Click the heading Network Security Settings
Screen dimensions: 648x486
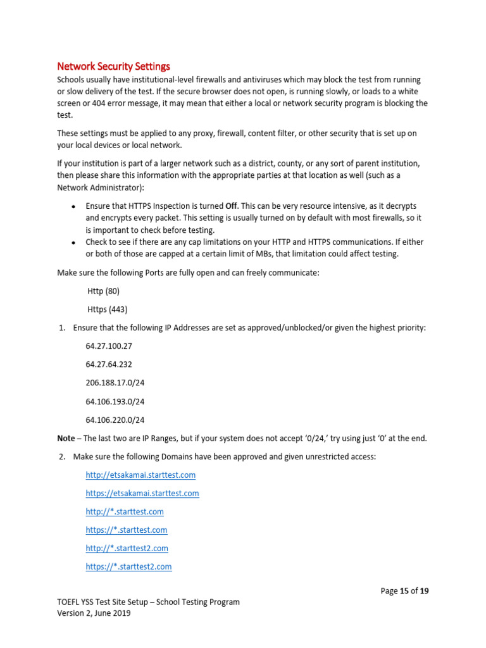(113, 66)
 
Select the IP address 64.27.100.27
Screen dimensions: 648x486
(109, 346)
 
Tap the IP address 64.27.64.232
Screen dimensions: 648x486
(109, 364)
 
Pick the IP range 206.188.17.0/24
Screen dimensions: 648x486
(115, 383)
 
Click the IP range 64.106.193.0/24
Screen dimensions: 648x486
(115, 401)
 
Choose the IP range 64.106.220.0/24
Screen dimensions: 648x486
(115, 420)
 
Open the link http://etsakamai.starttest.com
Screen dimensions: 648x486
(140, 475)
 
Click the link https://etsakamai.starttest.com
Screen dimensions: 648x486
(142, 493)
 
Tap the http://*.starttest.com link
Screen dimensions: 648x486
(125, 511)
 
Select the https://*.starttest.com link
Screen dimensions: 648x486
(127, 530)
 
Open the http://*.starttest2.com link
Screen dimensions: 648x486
(127, 548)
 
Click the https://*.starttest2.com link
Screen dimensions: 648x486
(128, 566)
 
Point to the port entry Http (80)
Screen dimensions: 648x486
(103, 291)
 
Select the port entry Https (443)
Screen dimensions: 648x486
(107, 309)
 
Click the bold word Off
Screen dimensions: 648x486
(232, 206)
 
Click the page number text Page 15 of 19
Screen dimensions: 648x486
(404, 591)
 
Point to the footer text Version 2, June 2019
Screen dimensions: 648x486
(94, 613)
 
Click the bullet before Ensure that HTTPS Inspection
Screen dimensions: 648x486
(73, 207)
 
